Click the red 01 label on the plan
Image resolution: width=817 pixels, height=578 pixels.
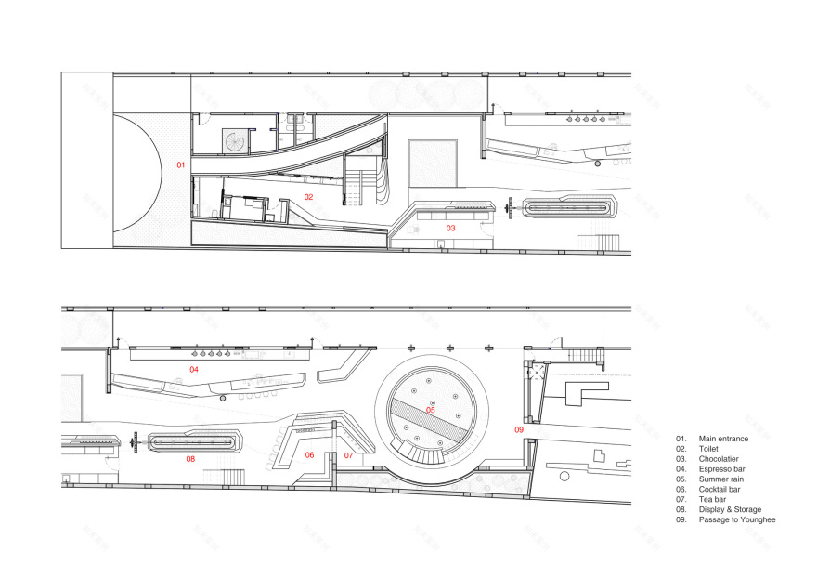tap(181, 164)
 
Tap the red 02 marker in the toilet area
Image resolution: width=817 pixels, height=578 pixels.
tap(308, 197)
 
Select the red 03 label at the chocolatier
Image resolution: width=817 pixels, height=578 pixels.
tap(450, 228)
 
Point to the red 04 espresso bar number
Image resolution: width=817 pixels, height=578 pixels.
tap(194, 370)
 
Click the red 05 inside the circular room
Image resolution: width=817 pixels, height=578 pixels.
tap(431, 410)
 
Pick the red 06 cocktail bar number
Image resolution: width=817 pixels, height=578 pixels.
tap(310, 455)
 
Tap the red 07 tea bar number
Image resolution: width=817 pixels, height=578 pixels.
tap(348, 455)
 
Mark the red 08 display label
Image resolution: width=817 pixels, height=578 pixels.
tap(190, 459)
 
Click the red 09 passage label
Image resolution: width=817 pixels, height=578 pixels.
tap(519, 429)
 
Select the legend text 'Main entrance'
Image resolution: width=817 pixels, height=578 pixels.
tap(721, 438)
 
